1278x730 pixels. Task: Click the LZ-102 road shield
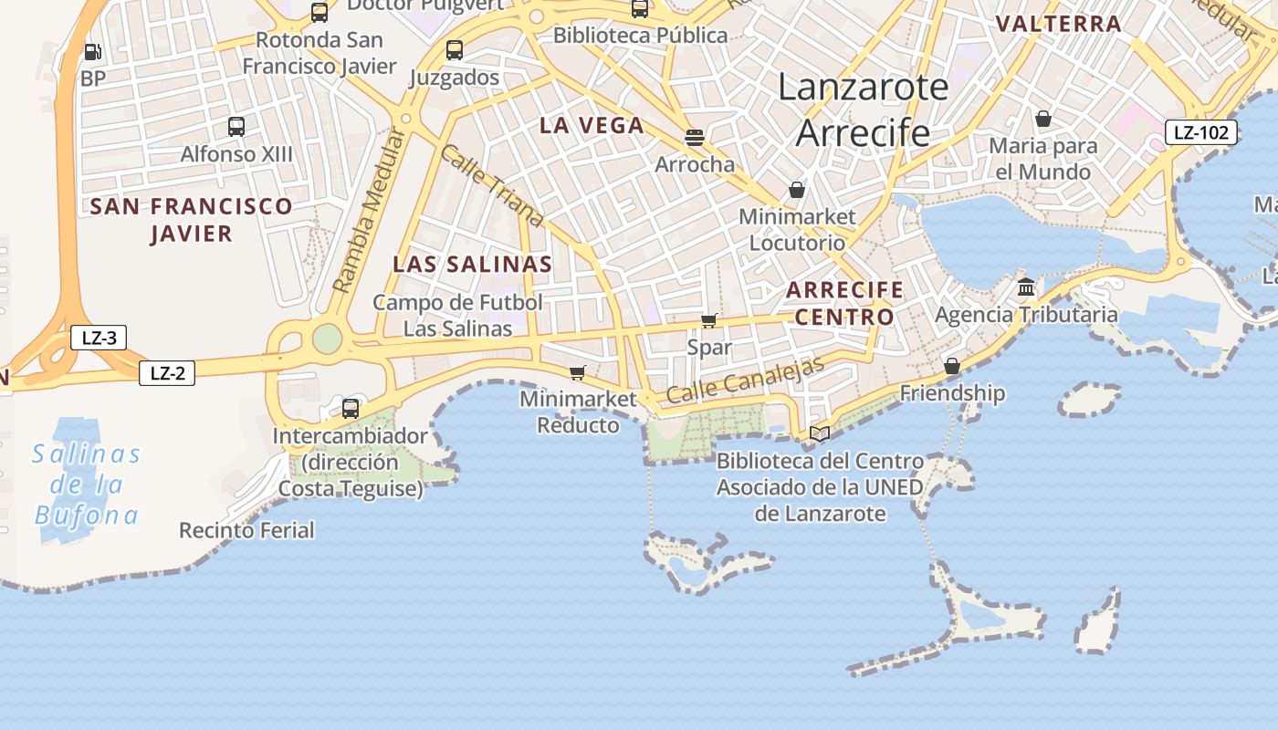coord(1200,132)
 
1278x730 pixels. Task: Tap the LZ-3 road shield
coord(99,339)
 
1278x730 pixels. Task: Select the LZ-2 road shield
coord(167,372)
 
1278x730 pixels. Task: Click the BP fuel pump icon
coord(92,52)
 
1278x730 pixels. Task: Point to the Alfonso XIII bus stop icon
coord(236,127)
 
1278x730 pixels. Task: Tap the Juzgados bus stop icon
coord(454,50)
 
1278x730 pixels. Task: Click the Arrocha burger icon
coord(695,138)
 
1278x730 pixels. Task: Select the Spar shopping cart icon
coord(708,320)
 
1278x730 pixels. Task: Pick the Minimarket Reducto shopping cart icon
coord(577,372)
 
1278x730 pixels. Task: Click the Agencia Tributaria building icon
coord(1026,287)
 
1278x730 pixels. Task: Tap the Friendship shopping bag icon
coord(952,366)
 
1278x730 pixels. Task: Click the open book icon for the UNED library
coord(820,433)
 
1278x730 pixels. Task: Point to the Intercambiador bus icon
coord(351,408)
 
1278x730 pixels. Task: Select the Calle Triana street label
coord(491,185)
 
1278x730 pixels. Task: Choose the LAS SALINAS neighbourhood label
coord(472,265)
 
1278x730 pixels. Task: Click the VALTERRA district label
coord(1058,24)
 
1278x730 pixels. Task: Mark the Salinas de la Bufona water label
coord(86,485)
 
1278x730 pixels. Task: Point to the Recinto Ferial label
coord(246,530)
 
